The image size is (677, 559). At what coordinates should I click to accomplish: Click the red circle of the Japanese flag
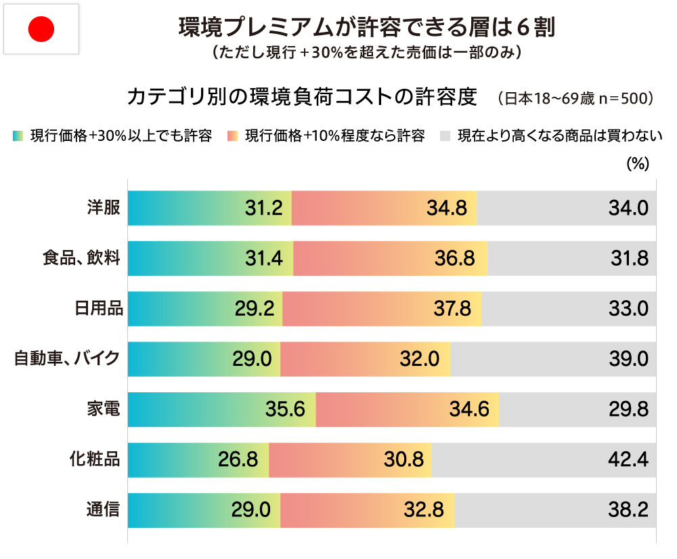pos(41,28)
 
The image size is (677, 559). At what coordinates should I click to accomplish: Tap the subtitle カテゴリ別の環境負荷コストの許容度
pos(303,97)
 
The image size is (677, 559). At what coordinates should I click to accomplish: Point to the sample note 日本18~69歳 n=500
pos(575,98)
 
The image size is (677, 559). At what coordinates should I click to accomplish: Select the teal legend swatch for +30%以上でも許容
pos(18,136)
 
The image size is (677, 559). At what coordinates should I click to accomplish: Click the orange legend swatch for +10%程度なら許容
pos(232,136)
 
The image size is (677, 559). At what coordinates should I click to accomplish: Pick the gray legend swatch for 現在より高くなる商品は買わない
pos(445,136)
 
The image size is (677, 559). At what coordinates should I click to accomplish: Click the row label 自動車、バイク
pos(67,358)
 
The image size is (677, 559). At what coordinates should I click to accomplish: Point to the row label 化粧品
pos(95,459)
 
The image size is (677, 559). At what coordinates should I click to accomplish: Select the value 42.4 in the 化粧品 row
pos(628,459)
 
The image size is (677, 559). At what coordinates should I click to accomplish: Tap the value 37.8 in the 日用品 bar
pos(452,309)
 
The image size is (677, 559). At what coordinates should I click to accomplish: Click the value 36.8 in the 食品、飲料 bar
pos(458,258)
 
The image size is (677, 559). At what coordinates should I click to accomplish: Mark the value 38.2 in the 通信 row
pos(628,510)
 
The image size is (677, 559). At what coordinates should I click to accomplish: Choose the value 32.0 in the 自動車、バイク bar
pos(420,359)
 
